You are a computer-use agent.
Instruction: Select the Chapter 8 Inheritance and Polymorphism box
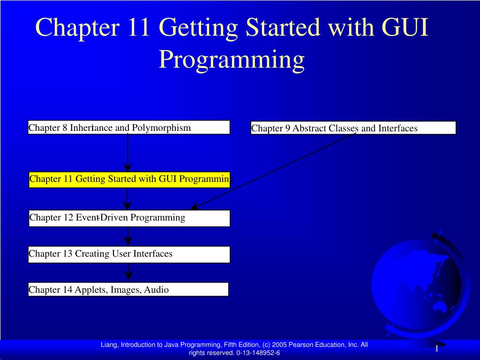tap(129, 127)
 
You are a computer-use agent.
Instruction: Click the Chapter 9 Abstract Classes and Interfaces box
tap(353, 128)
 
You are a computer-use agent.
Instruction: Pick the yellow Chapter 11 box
tap(129, 180)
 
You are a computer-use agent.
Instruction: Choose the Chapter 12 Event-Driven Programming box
tap(129, 218)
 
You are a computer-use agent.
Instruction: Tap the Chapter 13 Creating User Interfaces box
tap(129, 255)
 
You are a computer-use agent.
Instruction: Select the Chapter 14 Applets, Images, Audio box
tap(128, 289)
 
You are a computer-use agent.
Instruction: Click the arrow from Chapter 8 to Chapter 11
tap(127, 153)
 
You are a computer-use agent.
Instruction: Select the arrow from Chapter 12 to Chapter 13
tap(128, 236)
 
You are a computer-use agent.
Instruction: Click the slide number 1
tap(437, 348)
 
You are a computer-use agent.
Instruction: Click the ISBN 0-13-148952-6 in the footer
tap(258, 352)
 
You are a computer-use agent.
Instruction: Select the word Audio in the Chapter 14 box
tap(157, 290)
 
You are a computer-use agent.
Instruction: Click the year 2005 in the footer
tap(279, 345)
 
